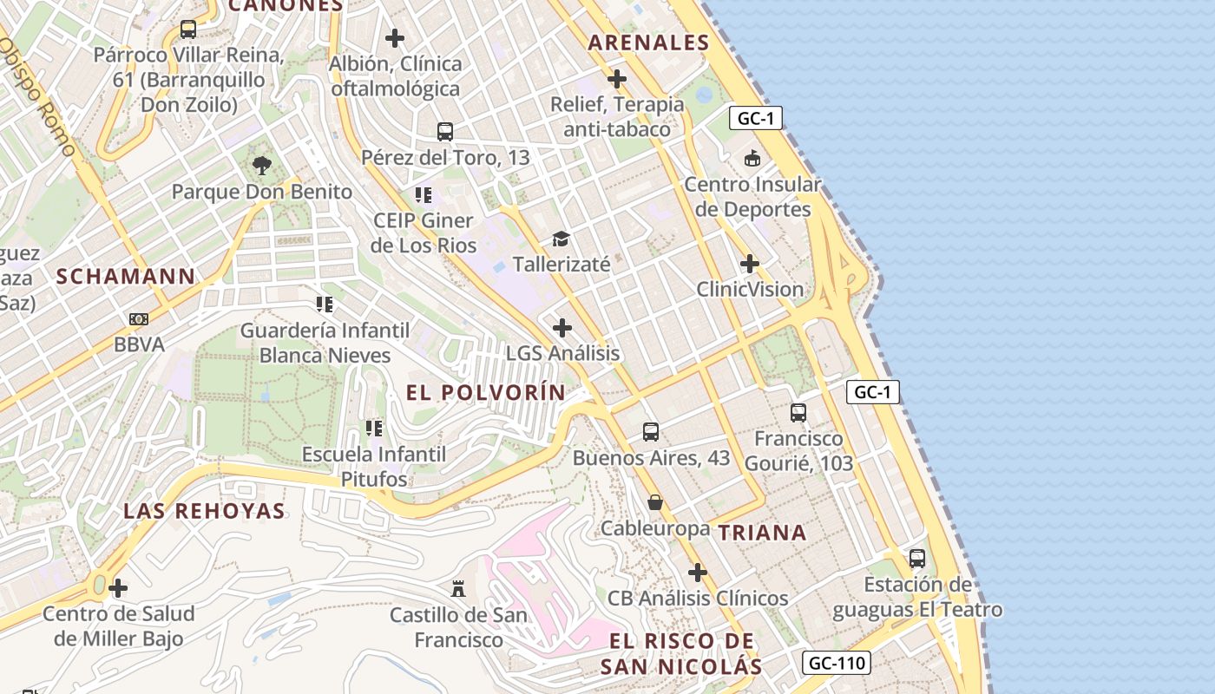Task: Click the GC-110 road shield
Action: pos(836,664)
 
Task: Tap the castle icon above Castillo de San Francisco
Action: pos(458,590)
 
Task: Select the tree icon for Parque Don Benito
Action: pos(261,166)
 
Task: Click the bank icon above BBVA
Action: pos(139,319)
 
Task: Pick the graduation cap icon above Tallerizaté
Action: pos(561,239)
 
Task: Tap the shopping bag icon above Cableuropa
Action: pos(655,502)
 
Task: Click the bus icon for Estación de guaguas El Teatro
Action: pos(917,559)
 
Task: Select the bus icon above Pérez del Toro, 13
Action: pos(445,132)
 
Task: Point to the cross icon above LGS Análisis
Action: pos(562,328)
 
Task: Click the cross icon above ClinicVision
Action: pos(750,264)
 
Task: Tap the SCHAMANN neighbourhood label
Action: pos(126,277)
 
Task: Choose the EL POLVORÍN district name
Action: pos(486,392)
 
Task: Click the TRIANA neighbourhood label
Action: pos(763,533)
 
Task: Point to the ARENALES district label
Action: pos(648,43)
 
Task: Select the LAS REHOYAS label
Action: pos(204,511)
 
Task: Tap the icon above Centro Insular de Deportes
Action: pos(752,159)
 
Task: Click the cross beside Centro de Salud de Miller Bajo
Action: pos(118,589)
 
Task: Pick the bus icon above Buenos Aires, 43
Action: pos(651,432)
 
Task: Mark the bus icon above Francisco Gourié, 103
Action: pos(798,413)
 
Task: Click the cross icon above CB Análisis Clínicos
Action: pos(698,573)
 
